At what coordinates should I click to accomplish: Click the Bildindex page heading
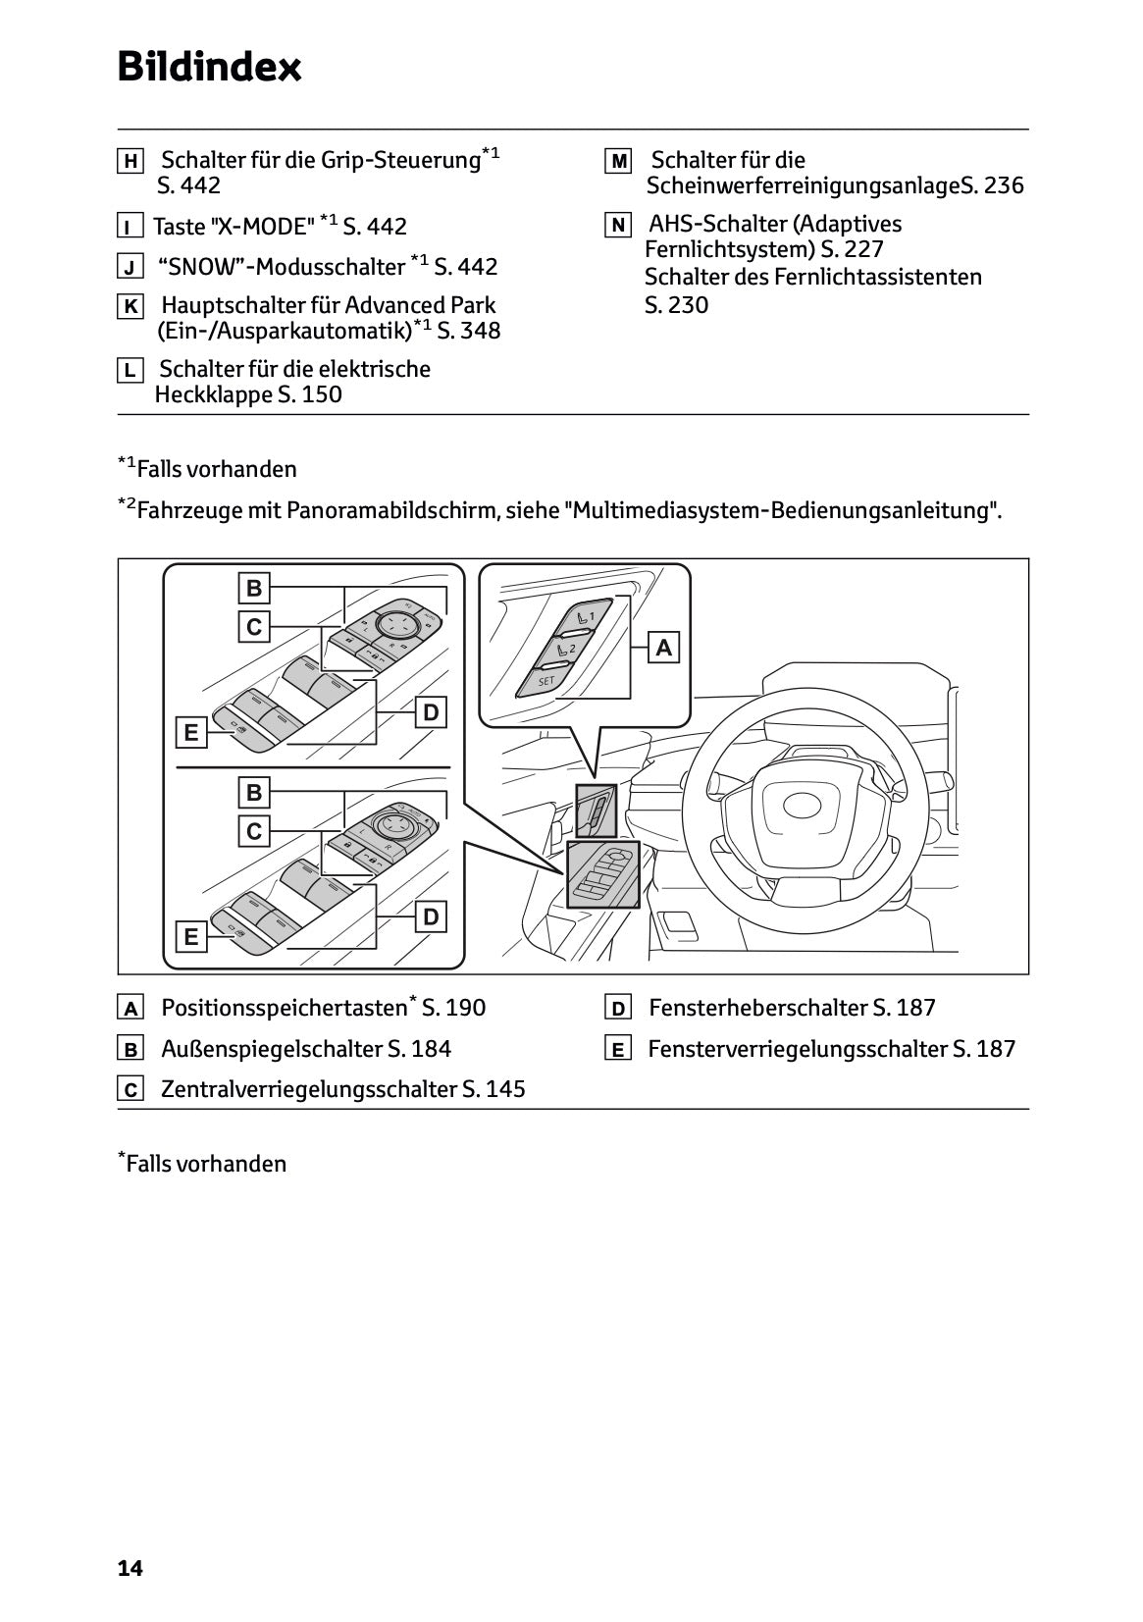click(x=209, y=68)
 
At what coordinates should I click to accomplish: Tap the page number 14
click(x=130, y=1568)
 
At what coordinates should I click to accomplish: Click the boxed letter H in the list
click(x=130, y=161)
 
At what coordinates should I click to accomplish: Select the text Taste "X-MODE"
click(x=234, y=227)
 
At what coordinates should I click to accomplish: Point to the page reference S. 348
click(x=469, y=331)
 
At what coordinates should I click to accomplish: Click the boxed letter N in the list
click(x=618, y=225)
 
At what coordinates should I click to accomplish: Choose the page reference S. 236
click(x=992, y=185)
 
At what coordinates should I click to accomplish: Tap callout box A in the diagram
click(x=664, y=648)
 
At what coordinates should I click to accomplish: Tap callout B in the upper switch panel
click(x=254, y=588)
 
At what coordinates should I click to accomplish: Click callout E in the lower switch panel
click(x=191, y=937)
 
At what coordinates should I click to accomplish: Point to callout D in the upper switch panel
click(x=431, y=713)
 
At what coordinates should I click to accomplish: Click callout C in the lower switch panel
click(x=254, y=831)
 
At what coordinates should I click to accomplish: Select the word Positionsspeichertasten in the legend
click(x=284, y=1008)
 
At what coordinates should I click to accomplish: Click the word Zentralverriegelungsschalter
click(x=309, y=1089)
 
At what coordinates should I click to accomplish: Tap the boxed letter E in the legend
click(x=618, y=1049)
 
